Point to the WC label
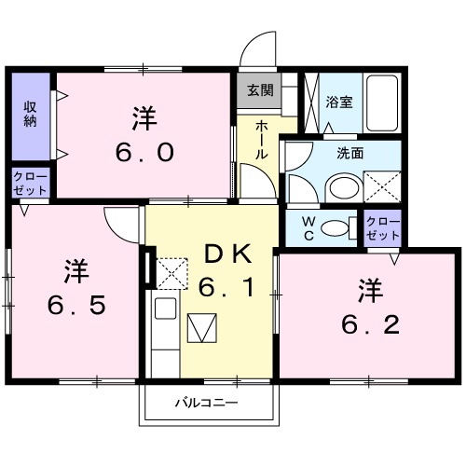(x=307, y=226)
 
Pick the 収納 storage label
(x=30, y=114)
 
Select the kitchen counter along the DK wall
(x=164, y=326)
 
